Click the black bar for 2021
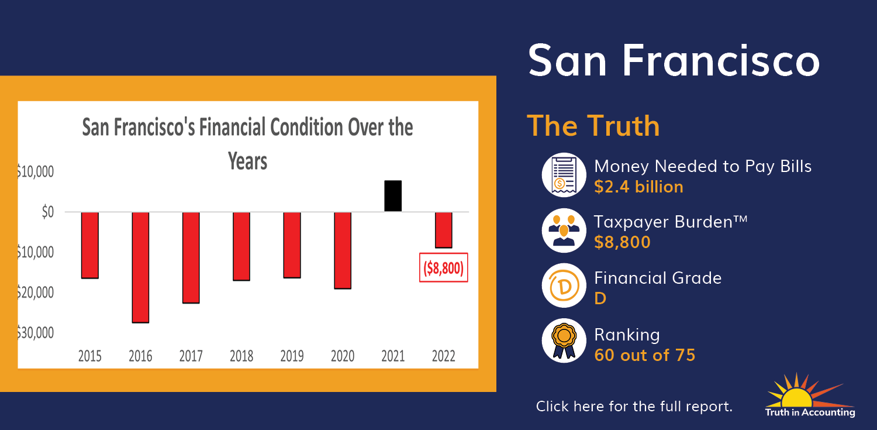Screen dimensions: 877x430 coord(393,196)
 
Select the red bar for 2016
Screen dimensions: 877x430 coord(140,267)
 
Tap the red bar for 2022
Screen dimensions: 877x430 coord(444,231)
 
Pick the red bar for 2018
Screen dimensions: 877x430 coord(241,246)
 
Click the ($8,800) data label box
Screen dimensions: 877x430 coord(444,268)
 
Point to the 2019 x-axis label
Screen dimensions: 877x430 coord(292,356)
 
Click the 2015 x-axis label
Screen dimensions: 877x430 coord(89,356)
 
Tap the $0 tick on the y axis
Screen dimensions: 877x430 coord(48,212)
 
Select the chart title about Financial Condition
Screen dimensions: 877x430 coord(247,144)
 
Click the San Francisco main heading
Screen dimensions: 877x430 coord(674,61)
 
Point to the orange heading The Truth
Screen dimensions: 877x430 coord(593,126)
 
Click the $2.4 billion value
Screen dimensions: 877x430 coord(638,187)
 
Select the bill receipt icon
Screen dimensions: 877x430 coord(564,175)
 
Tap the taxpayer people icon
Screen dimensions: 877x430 coord(564,231)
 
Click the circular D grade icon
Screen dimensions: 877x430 coord(564,285)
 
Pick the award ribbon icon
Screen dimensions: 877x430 coord(564,340)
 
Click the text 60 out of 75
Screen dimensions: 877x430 coord(644,355)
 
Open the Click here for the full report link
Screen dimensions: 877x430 coord(634,406)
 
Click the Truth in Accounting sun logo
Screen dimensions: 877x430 coord(810,395)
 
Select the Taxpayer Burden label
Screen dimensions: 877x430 coord(671,222)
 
